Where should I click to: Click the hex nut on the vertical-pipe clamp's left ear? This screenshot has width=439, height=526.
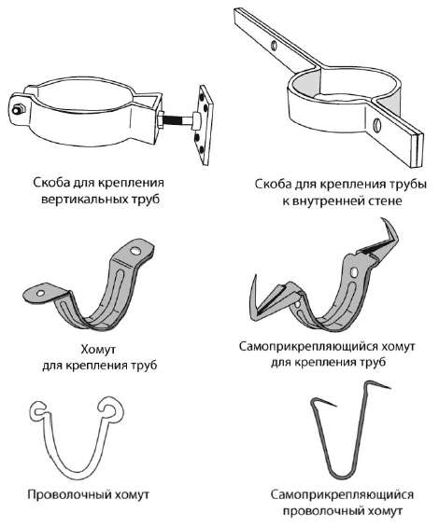17,109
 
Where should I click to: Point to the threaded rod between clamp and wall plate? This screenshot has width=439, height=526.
178,119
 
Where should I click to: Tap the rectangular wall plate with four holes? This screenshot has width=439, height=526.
205,125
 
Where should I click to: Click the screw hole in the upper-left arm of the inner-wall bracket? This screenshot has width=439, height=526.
275,46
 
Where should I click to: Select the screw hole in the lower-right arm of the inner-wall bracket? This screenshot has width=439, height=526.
376,125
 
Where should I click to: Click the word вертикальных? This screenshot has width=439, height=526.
84,200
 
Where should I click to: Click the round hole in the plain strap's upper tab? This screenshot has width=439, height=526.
135,250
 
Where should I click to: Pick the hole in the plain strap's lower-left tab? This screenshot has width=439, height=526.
41,293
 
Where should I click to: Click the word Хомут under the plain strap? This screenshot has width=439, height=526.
98,349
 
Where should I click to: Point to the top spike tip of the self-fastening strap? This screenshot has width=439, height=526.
382,219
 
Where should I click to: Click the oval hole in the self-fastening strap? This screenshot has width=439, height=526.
353,272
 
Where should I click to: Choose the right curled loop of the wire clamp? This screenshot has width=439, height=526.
108,407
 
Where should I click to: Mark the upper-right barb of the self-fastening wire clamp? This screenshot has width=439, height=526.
379,384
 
